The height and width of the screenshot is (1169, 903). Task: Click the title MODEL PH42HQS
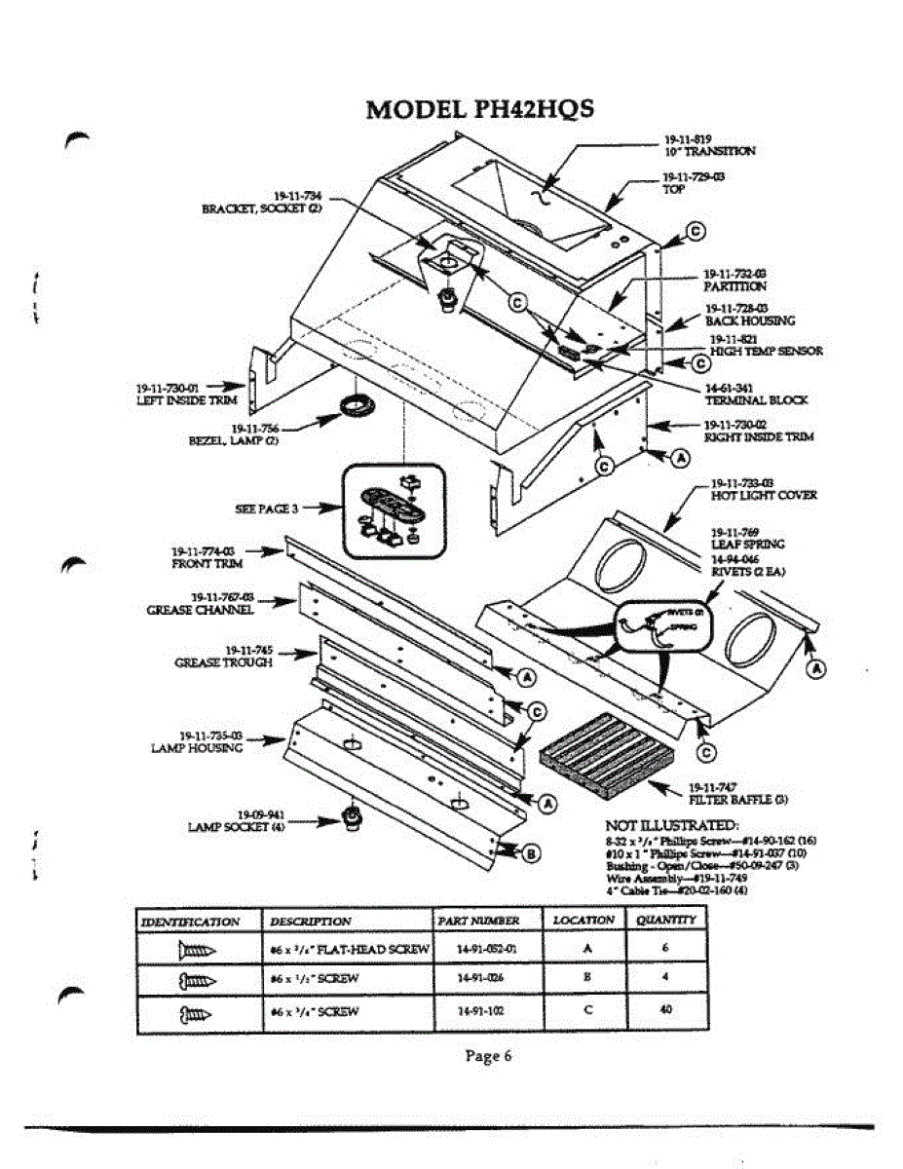coord(479,108)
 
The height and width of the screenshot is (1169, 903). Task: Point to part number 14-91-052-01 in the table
coord(485,948)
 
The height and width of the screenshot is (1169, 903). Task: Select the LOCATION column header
coord(583,920)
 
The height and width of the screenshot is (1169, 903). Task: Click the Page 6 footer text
coord(487,1056)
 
